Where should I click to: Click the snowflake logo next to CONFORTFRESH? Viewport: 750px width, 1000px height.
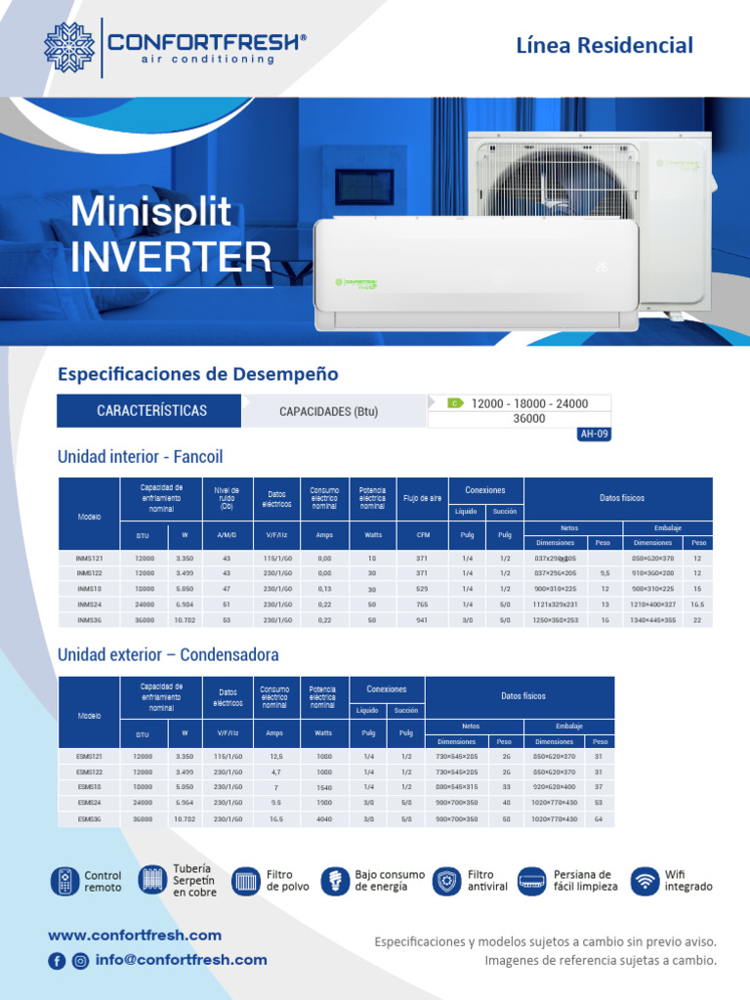[69, 47]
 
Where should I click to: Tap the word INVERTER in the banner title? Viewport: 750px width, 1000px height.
[171, 256]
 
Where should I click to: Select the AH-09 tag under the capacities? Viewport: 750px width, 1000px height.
[595, 435]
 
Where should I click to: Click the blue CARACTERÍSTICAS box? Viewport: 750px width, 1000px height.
[151, 411]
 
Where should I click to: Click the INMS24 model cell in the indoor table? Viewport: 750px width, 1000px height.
[89, 605]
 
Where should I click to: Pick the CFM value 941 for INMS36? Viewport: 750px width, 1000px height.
[423, 620]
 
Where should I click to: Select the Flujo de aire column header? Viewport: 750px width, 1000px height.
[423, 498]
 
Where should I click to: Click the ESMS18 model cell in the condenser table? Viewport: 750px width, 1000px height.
[89, 786]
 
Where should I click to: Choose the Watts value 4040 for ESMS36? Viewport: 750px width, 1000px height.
[323, 819]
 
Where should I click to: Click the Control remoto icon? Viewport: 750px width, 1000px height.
[64, 881]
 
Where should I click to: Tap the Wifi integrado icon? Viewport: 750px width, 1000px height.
[645, 881]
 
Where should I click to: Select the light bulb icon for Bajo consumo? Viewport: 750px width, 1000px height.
[335, 881]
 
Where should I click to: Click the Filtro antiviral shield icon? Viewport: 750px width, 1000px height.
[446, 881]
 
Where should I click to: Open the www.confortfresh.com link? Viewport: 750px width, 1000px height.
[135, 936]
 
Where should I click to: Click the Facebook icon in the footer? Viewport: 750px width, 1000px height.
[58, 961]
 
